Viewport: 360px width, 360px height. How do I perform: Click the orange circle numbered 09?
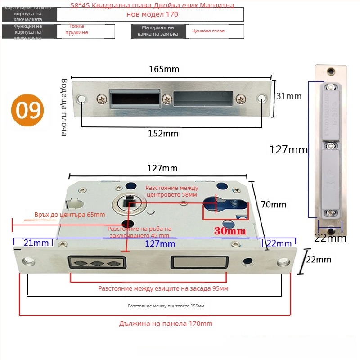pyautogui.click(x=28, y=110)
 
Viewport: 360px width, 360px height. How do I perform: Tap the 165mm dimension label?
pyautogui.click(x=164, y=69)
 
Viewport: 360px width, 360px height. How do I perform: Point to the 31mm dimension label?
pyautogui.click(x=289, y=96)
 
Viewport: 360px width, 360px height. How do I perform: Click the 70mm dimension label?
pyautogui.click(x=274, y=205)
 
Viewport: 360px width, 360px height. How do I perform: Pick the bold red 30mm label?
pyautogui.click(x=230, y=231)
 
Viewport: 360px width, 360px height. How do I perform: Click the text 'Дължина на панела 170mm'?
pyautogui.click(x=166, y=323)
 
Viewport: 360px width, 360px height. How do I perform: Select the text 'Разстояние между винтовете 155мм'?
pyautogui.click(x=166, y=306)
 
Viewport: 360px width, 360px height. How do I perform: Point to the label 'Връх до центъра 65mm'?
pyautogui.click(x=70, y=215)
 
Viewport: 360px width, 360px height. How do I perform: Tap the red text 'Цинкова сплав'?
pyautogui.click(x=208, y=31)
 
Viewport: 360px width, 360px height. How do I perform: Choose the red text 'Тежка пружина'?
pyautogui.click(x=76, y=29)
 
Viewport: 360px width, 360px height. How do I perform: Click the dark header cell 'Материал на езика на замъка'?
pyautogui.click(x=158, y=31)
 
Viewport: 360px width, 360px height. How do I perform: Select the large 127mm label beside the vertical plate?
pyautogui.click(x=288, y=150)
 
